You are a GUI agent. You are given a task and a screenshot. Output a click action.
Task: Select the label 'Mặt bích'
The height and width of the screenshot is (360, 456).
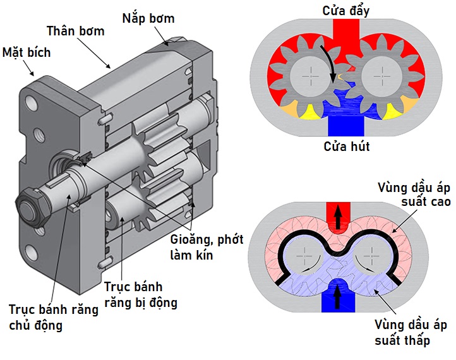27,52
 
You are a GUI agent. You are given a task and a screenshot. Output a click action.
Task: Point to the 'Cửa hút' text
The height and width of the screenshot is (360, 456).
346,147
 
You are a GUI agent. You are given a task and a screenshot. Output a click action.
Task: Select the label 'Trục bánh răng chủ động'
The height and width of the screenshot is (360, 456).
53,317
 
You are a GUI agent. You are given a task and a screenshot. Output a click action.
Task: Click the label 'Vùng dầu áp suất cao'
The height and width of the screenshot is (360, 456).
414,195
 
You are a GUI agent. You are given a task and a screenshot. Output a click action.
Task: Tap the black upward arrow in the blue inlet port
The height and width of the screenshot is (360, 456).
339,293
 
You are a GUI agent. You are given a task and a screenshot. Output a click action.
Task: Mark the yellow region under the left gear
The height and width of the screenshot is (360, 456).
310,112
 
